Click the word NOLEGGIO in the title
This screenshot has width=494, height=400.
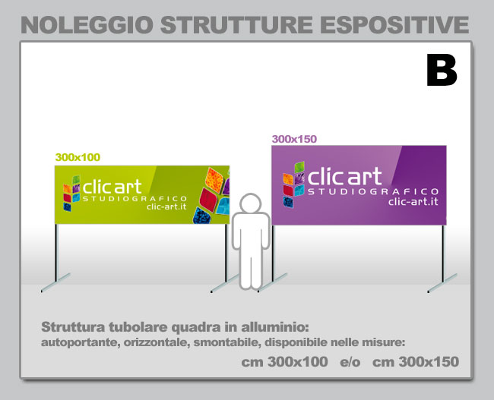pos(87,25)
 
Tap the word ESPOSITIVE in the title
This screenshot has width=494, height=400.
pos(396,25)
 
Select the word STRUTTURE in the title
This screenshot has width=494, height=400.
pos(236,25)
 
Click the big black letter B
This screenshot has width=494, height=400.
pos(442,70)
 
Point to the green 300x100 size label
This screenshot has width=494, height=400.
pos(78,157)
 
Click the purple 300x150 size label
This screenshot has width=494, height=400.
pos(294,139)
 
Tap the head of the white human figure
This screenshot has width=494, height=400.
pos(251,203)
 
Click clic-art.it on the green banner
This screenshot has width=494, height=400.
pos(166,206)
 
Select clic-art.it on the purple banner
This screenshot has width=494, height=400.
pos(413,201)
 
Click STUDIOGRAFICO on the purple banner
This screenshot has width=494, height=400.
pos(373,191)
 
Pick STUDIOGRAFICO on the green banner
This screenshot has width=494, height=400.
pos(135,199)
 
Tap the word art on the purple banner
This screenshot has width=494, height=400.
pos(365,176)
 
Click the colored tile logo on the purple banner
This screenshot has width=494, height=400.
pos(293,184)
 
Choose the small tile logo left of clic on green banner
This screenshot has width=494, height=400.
pos(71,194)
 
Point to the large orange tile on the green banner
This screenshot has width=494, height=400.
pos(214,180)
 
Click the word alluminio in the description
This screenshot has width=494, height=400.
pos(275,327)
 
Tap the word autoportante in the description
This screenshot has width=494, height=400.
pos(80,342)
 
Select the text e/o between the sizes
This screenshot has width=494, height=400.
pos(350,362)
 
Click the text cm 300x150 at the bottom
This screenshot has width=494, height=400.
pos(416,362)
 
